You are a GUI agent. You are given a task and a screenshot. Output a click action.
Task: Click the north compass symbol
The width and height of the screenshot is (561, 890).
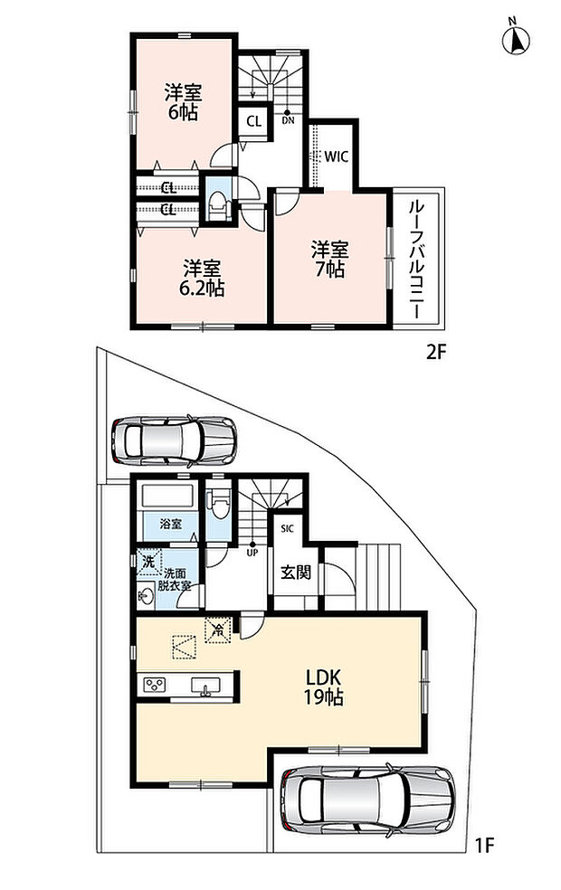point(516,38)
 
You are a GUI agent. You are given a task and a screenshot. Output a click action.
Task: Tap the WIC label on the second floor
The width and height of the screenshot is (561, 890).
point(336,156)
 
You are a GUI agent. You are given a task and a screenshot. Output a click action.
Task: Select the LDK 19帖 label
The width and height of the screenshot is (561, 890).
point(324,686)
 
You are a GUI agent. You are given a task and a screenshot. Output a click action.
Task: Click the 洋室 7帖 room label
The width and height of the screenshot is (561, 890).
point(330,259)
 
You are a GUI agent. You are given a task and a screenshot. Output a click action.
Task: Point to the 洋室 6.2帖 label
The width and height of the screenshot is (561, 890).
point(202,279)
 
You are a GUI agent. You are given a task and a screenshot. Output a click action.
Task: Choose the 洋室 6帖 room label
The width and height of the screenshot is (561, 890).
point(184,102)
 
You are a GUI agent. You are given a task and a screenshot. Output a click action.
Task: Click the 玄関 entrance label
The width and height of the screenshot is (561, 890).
point(296,573)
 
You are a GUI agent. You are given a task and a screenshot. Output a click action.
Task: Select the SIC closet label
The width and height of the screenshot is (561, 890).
point(287,529)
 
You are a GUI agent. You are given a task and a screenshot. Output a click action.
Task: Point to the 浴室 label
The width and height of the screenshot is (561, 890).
point(170,524)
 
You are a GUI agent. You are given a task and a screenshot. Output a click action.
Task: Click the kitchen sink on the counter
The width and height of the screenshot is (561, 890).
point(204,686)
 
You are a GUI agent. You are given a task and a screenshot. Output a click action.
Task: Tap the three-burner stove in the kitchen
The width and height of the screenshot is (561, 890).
point(155,684)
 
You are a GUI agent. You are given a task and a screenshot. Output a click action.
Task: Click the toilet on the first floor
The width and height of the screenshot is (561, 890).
point(218,502)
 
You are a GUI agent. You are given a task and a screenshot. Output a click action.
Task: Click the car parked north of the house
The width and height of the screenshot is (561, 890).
point(174,440)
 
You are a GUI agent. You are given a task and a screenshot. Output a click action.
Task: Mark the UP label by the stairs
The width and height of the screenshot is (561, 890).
point(251,551)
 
